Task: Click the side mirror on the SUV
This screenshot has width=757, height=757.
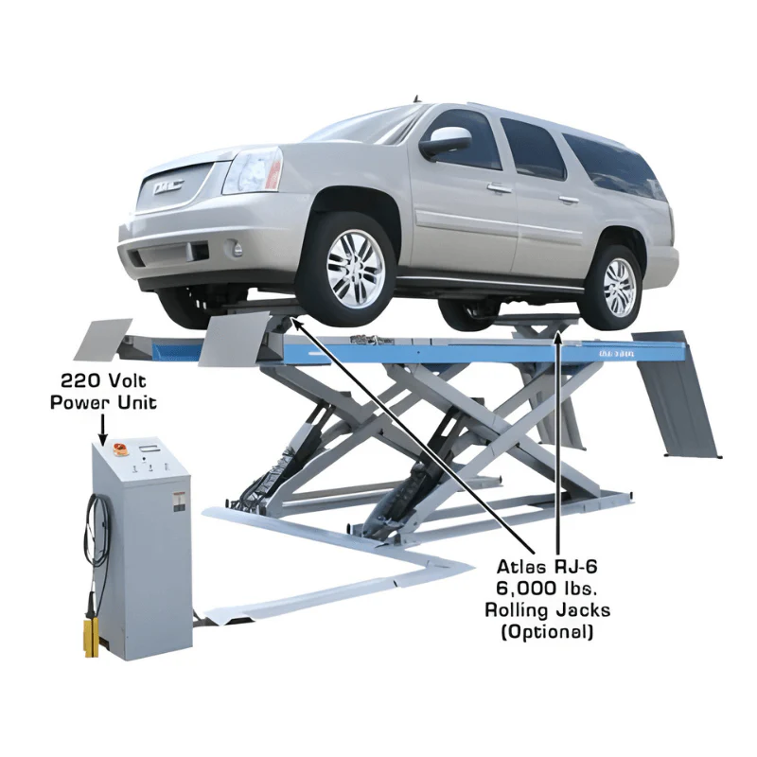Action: [x=445, y=144]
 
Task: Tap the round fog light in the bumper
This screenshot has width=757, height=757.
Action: [x=237, y=250]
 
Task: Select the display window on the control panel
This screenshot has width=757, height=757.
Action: [x=149, y=446]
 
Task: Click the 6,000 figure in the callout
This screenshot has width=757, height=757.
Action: [x=523, y=589]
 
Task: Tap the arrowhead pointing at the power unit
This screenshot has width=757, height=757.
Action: [x=101, y=438]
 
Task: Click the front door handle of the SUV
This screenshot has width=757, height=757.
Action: [x=499, y=188]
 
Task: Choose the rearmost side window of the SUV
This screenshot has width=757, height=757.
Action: [x=620, y=165]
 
